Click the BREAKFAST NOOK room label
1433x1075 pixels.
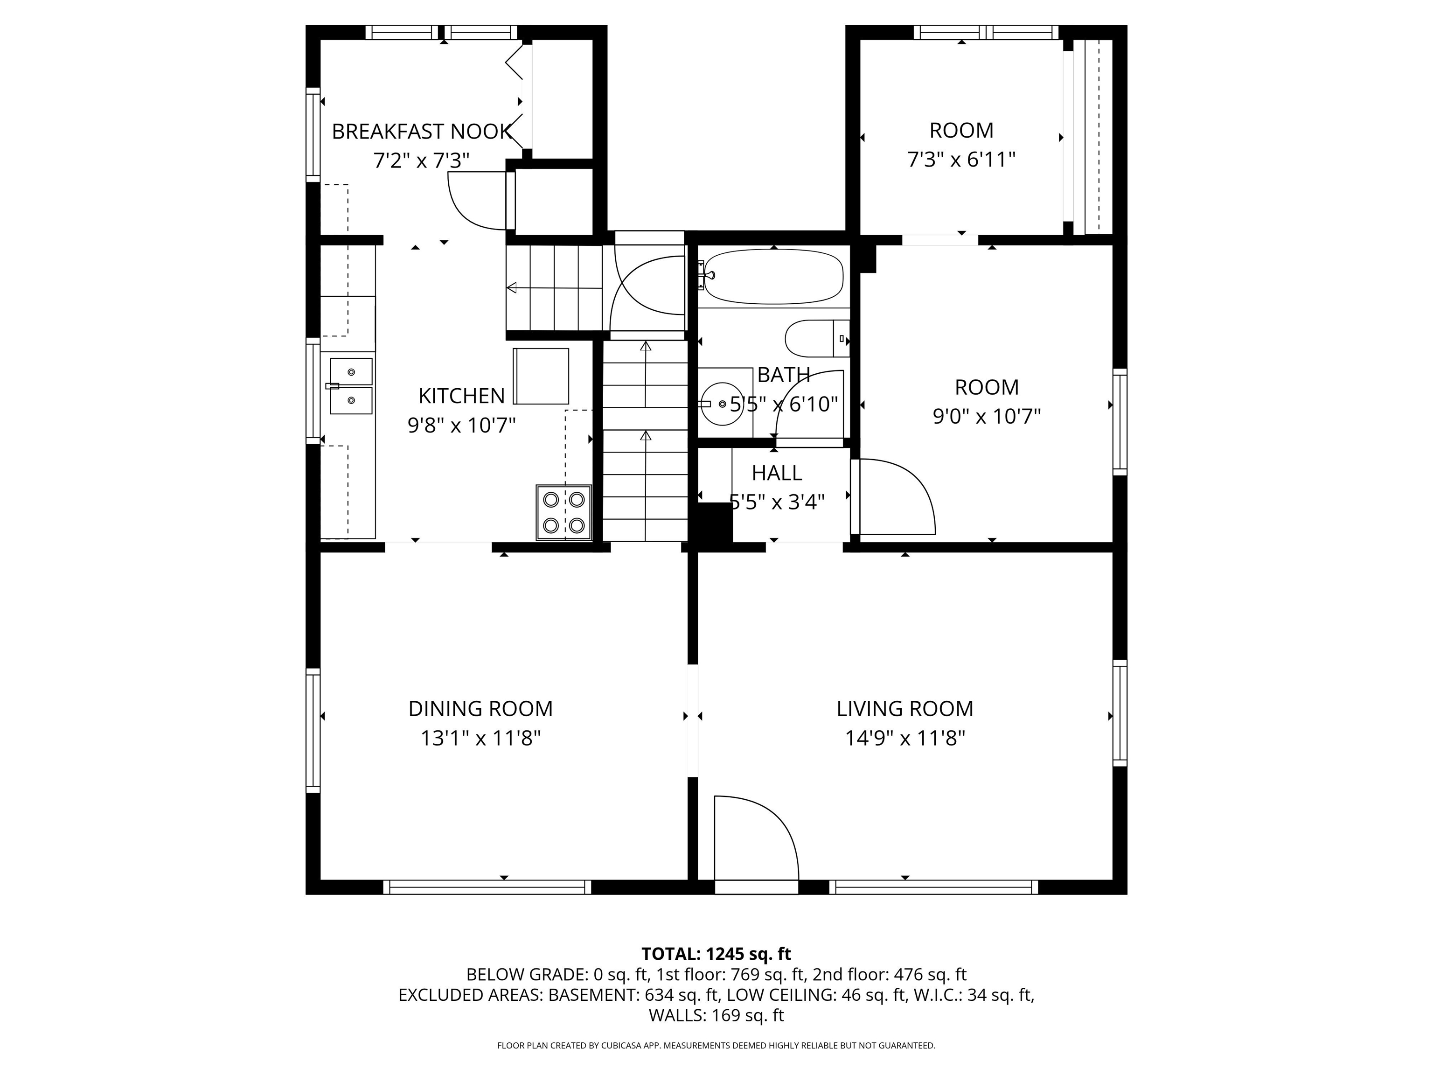point(422,132)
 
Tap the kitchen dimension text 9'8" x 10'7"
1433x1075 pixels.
point(461,425)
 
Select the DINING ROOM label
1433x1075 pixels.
point(480,708)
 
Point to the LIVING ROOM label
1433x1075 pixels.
point(905,708)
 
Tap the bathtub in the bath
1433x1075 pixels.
point(774,277)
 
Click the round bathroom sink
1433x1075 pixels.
point(722,404)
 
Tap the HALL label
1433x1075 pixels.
point(777,473)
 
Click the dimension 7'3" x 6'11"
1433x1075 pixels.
point(961,160)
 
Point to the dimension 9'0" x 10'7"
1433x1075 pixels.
point(987,416)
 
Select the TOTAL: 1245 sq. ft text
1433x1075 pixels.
point(716,954)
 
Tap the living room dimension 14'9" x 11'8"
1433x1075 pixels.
point(905,738)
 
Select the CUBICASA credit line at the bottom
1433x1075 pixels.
point(716,1045)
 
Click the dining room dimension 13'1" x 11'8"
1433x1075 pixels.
point(480,738)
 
